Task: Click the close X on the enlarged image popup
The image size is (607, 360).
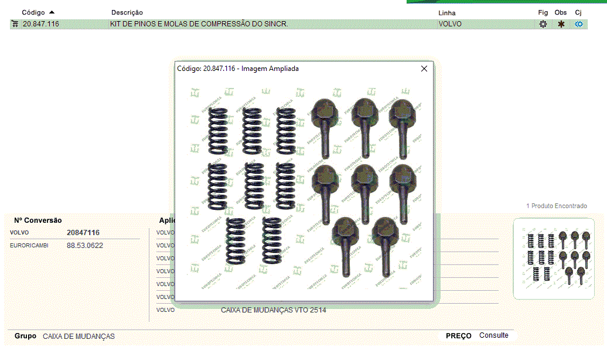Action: point(424,69)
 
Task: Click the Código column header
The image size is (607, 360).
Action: point(33,12)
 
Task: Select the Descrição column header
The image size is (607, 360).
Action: point(127,12)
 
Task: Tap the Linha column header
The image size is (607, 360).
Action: point(446,13)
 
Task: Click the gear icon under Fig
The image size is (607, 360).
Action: point(543,24)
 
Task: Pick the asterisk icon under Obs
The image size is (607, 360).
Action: point(561,24)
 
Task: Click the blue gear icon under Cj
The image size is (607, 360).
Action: point(579,24)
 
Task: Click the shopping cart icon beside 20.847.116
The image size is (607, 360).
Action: point(15,24)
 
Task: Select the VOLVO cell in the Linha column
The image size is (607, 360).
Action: point(450,24)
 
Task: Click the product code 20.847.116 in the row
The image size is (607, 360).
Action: point(41,24)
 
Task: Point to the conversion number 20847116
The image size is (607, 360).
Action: point(83,233)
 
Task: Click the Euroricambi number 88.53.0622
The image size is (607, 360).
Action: point(85,246)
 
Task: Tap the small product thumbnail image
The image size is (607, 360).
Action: point(554,259)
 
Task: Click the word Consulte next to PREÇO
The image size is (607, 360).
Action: point(494,335)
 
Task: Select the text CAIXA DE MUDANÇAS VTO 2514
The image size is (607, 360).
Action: point(274,310)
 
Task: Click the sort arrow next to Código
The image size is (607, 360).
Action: point(52,12)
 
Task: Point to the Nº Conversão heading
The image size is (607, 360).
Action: point(38,220)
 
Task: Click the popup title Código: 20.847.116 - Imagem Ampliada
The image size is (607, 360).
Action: point(238,69)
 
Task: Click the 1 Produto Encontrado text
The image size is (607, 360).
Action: point(557,206)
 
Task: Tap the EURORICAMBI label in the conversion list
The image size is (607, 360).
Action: point(29,246)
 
